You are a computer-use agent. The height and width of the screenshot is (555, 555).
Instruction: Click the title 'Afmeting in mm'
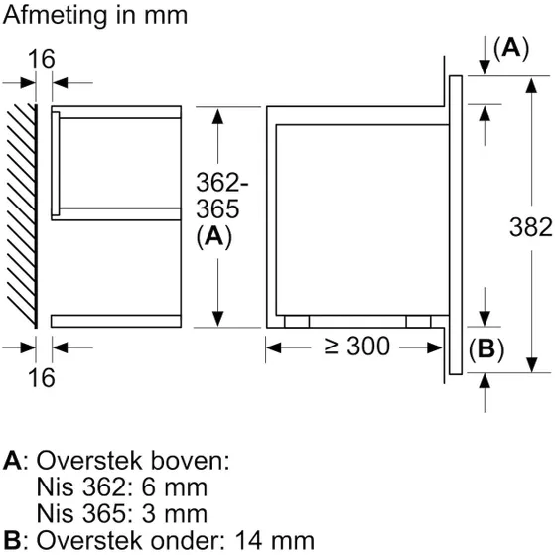[x=94, y=16]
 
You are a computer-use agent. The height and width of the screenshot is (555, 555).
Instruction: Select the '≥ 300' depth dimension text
[x=354, y=347]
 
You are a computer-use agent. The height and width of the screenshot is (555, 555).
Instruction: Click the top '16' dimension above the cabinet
[x=41, y=60]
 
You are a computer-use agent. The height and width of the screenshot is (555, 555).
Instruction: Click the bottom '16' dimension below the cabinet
[x=41, y=377]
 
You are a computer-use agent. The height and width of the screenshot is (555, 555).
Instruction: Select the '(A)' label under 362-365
[x=214, y=236]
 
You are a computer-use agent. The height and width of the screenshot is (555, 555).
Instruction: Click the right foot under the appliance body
[x=417, y=321]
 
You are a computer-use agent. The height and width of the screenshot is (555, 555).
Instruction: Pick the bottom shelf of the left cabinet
[x=116, y=320]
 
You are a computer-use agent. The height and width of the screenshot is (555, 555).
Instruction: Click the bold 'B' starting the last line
[x=11, y=539]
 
